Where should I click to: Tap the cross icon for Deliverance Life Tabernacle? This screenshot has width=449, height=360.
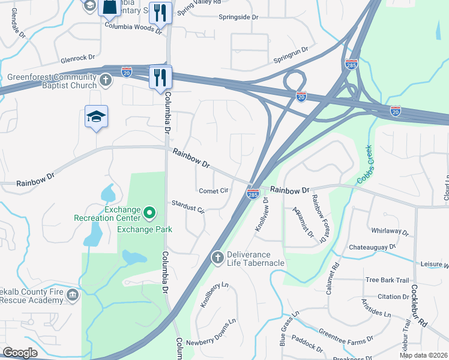tap(218, 257)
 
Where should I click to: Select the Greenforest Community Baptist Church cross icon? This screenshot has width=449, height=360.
tap(105, 80)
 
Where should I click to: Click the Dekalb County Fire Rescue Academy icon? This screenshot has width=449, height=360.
tap(73, 295)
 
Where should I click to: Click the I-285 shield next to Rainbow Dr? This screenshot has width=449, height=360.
tap(253, 193)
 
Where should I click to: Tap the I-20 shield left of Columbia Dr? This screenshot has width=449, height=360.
tap(127, 71)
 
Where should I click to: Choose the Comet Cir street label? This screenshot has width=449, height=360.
tap(214, 191)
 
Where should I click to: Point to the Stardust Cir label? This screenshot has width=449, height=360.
tap(188, 206)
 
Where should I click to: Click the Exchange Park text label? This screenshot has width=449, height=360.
tap(145, 229)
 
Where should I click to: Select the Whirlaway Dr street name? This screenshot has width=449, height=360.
tap(390, 232)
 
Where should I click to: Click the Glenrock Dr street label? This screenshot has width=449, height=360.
tap(78, 59)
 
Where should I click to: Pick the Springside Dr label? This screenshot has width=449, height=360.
tap(238, 17)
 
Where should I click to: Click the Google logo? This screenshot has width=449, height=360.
tap(20, 353)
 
